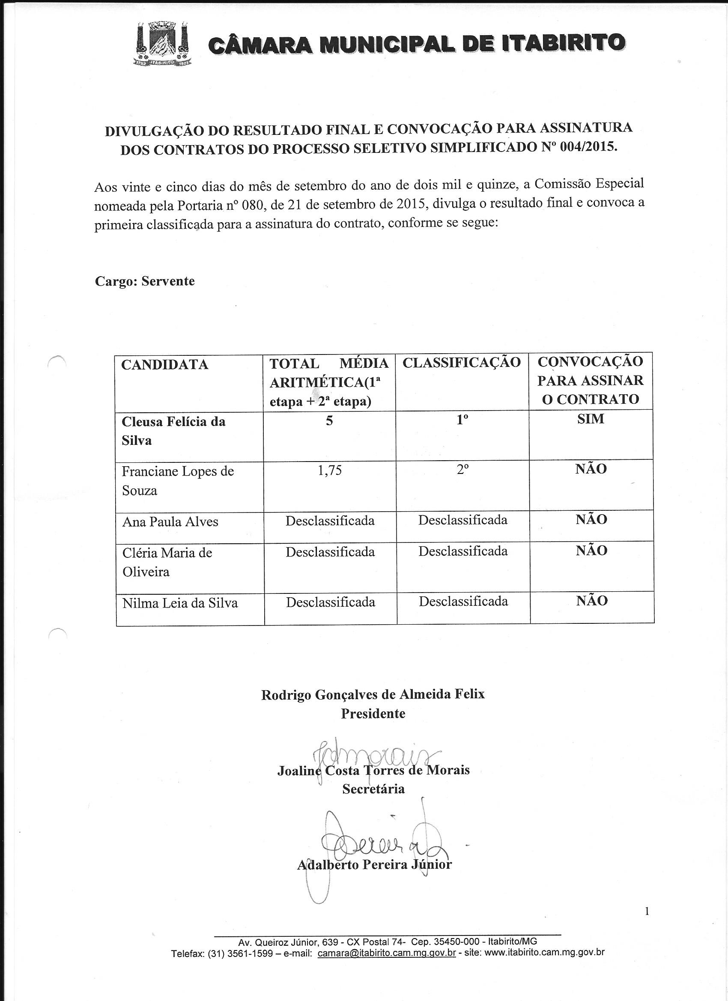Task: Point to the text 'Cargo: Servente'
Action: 145,281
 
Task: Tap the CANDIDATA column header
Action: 165,364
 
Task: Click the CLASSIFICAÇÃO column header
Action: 462,362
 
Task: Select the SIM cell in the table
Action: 590,419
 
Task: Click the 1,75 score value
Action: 329,471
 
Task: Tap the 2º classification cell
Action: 462,471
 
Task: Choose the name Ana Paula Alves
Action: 170,521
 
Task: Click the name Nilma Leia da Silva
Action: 180,603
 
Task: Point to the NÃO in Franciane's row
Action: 591,469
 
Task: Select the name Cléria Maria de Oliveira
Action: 167,562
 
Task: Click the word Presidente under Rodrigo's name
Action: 373,713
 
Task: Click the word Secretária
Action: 373,789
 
